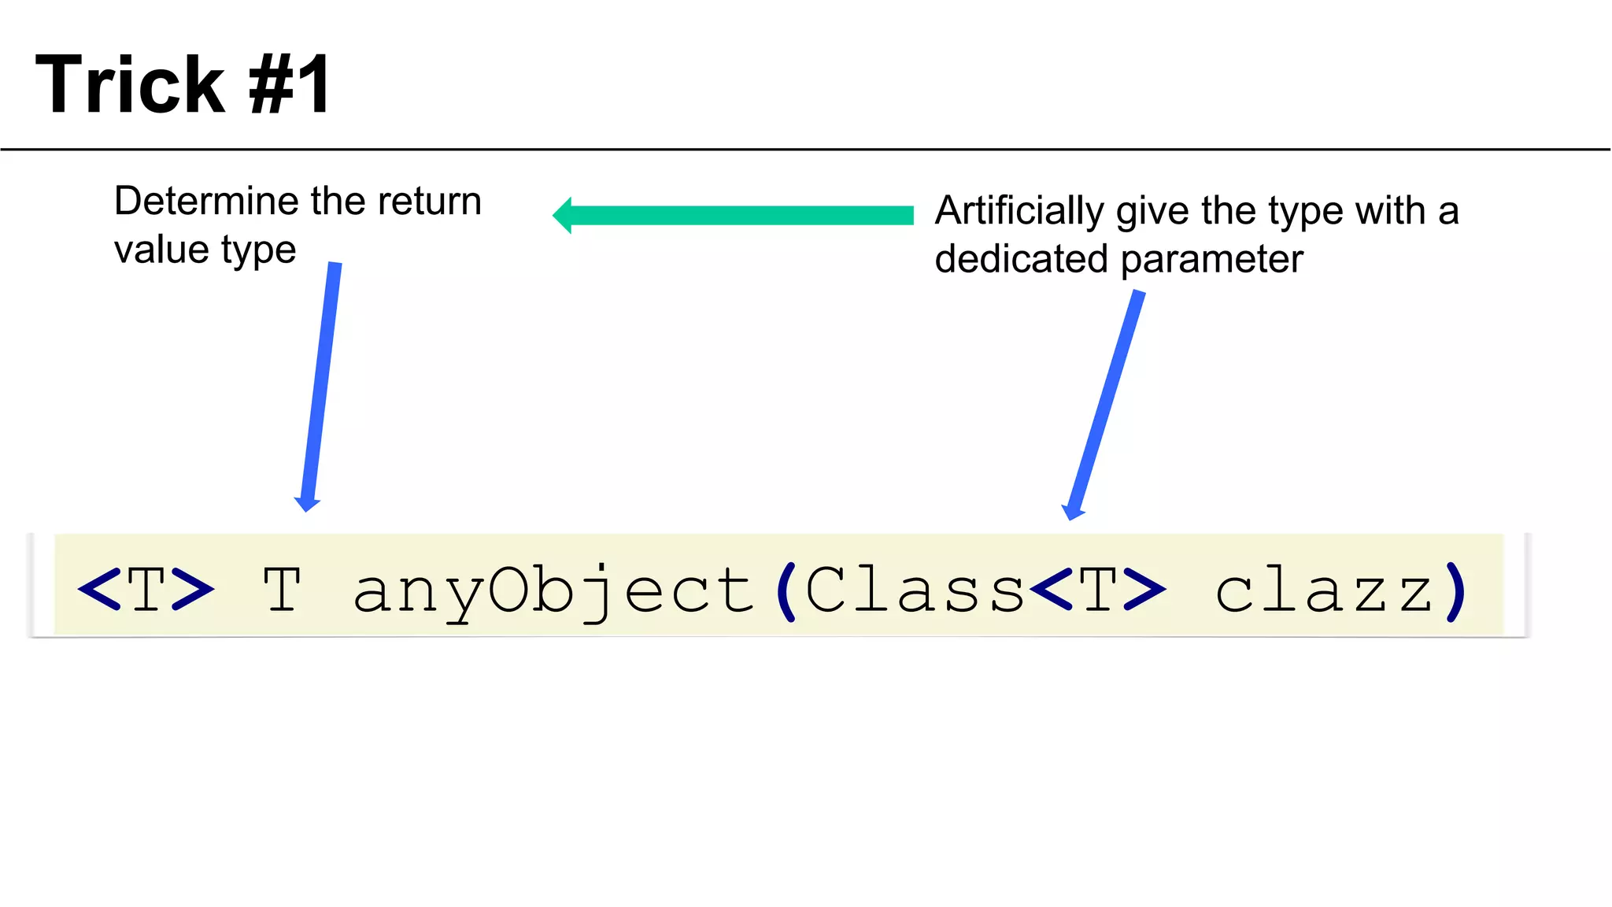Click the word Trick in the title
[x=131, y=85]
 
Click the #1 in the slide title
[x=290, y=85]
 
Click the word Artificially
[x=1019, y=211]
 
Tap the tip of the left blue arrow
[x=306, y=509]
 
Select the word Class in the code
[x=915, y=590]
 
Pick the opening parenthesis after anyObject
[x=786, y=591]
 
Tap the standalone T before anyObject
[x=282, y=590]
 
